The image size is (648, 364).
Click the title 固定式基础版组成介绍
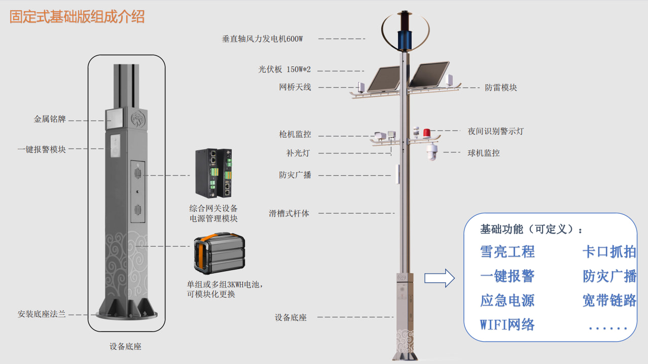point(77,17)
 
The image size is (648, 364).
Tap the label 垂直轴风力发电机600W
point(262,39)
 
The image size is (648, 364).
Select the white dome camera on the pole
point(431,152)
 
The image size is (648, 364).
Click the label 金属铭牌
point(50,120)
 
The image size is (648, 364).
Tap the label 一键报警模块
point(42,149)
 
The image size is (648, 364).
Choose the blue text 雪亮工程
point(507,251)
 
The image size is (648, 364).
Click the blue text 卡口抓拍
point(609,251)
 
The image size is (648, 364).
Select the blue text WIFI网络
point(507,324)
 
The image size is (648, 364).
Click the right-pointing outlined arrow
point(439,278)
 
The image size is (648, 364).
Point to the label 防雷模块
point(501,87)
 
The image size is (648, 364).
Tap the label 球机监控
point(484,152)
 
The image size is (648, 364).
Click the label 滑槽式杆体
point(289,213)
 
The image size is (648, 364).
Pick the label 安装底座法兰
point(42,314)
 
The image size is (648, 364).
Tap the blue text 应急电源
point(507,300)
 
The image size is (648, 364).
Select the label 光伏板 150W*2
point(284,70)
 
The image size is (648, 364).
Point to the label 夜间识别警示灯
point(495,131)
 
